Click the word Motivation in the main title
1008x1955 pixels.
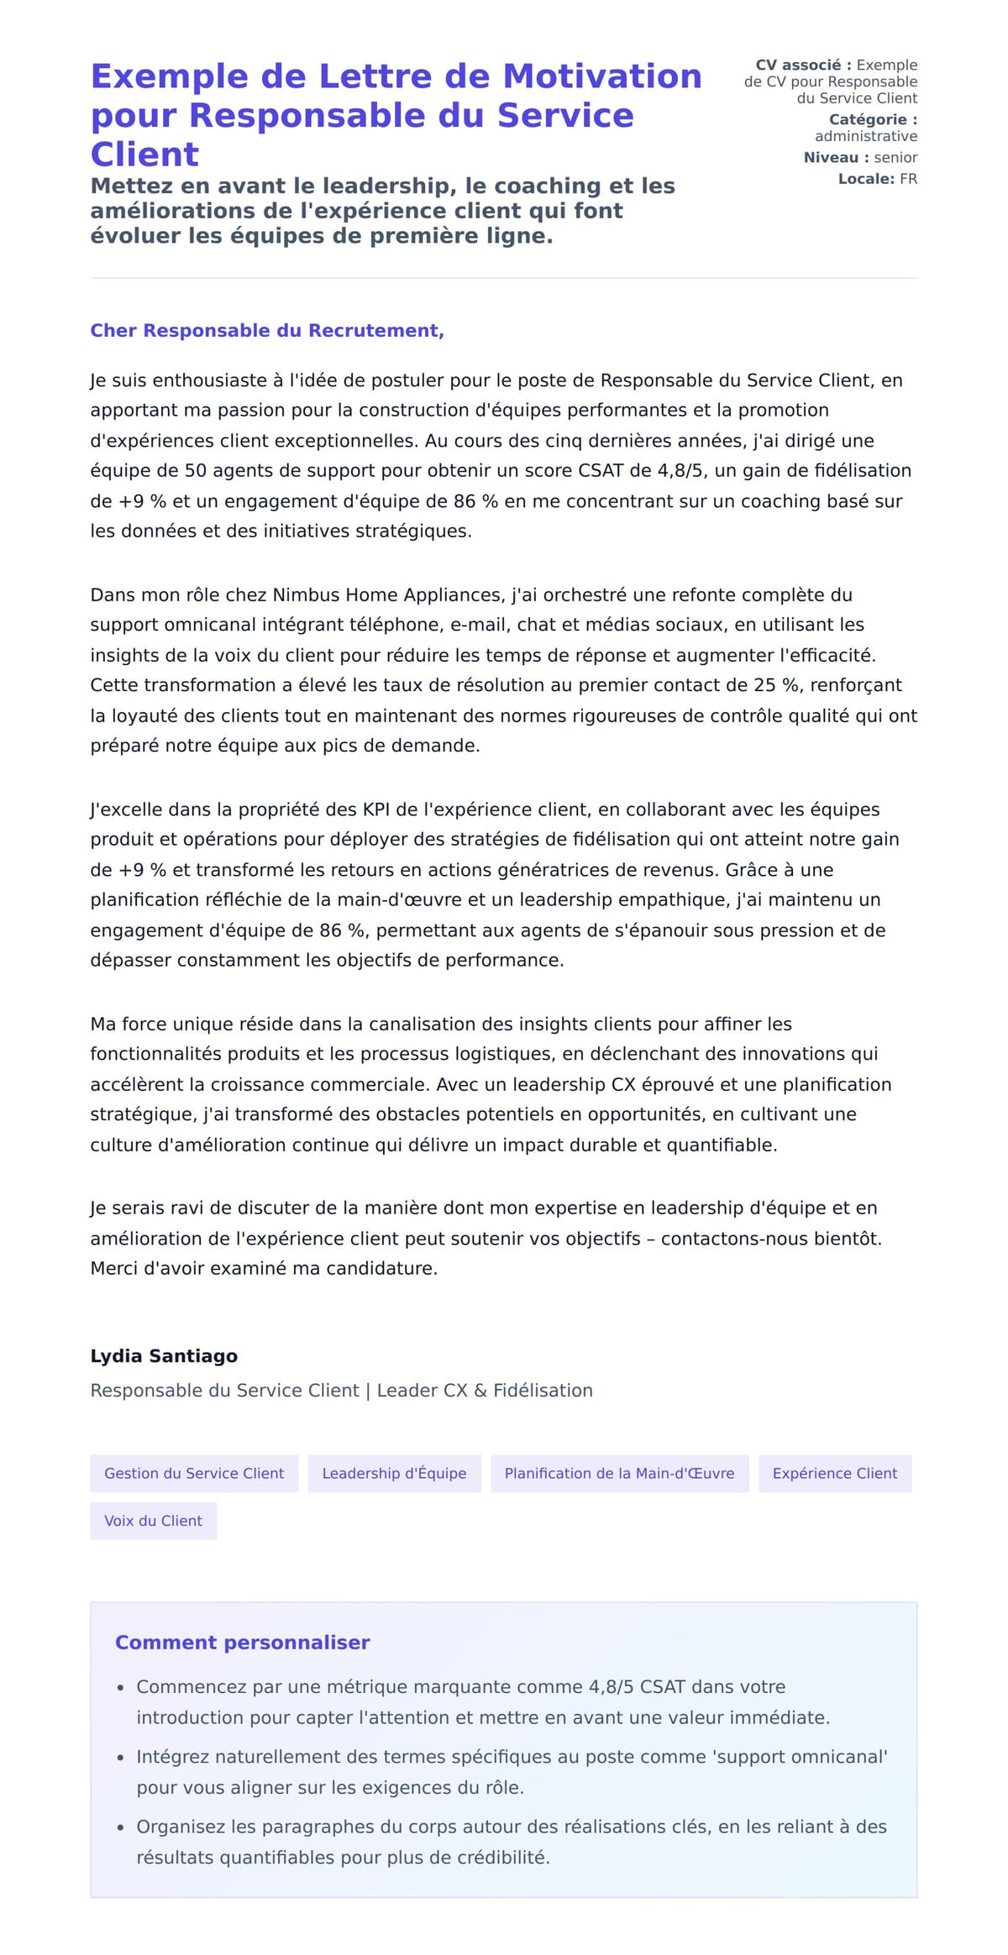click(x=601, y=76)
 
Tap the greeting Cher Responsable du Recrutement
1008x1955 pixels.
click(x=266, y=331)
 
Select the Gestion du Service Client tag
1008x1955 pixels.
click(x=194, y=1473)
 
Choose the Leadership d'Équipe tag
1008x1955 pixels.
click(x=394, y=1473)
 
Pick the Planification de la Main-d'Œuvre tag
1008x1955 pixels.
click(x=619, y=1473)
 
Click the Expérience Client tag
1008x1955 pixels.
click(x=834, y=1473)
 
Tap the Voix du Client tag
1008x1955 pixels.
click(x=153, y=1521)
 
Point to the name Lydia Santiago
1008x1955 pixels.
click(x=164, y=1355)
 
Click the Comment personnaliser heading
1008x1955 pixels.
click(x=242, y=1643)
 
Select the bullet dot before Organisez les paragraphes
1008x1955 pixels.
click(x=121, y=1827)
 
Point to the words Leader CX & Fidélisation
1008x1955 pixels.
click(x=485, y=1391)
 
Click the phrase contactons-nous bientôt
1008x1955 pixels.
click(x=770, y=1239)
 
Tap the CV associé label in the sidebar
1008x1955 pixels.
click(x=803, y=66)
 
